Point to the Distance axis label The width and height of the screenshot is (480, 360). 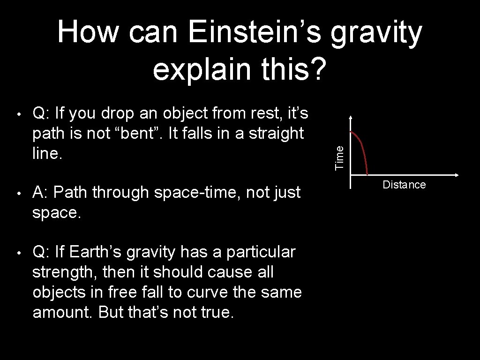click(x=404, y=185)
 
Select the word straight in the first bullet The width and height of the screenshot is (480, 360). click(x=277, y=134)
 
